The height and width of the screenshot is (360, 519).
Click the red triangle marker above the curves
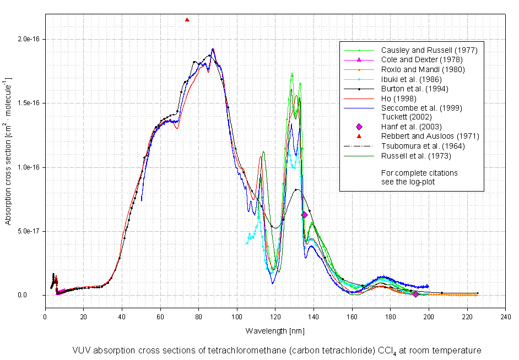click(x=187, y=20)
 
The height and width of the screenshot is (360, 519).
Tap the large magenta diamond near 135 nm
click(x=304, y=215)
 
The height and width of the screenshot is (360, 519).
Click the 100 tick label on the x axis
click(x=237, y=317)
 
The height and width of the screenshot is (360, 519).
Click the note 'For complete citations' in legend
click(x=419, y=173)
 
